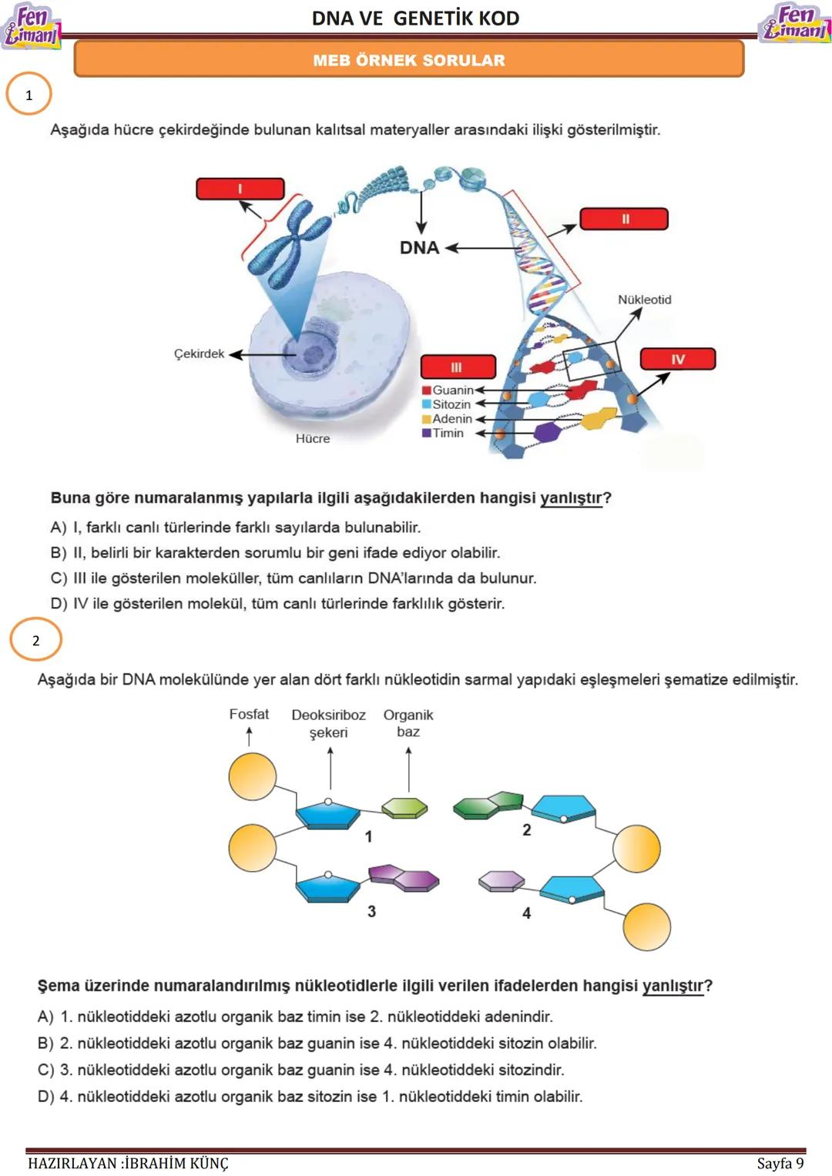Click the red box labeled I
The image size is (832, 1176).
coord(240,189)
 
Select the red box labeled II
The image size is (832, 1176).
coord(624,219)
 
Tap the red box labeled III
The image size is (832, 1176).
coord(458,367)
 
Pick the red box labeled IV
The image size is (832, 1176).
coord(678,359)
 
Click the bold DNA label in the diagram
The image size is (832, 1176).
coord(419,248)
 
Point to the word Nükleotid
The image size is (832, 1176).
coord(644,300)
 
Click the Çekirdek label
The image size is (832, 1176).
coord(199,353)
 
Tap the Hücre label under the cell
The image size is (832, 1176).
coord(313,438)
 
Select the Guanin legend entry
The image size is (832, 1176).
coord(452,390)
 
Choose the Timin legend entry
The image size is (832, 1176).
coord(448,433)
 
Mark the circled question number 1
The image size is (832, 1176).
coord(29,95)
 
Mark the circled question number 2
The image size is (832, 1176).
coord(35,640)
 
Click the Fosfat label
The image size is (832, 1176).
coord(249,715)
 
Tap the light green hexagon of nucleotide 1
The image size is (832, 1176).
coord(404,807)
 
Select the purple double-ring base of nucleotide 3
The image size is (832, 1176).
coord(404,877)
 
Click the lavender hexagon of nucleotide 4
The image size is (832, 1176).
coord(502,880)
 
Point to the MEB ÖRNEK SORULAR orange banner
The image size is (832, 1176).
coord(409,60)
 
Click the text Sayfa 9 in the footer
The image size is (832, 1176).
coord(780,1163)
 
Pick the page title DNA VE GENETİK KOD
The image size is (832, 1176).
coord(416,18)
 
